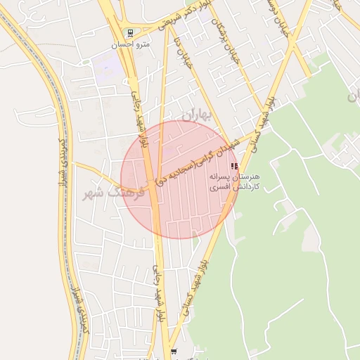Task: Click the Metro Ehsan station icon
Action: coord(129,33)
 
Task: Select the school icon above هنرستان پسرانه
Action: coord(234,166)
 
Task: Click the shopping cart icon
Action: coord(174,352)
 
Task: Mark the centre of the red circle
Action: coord(179,180)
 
